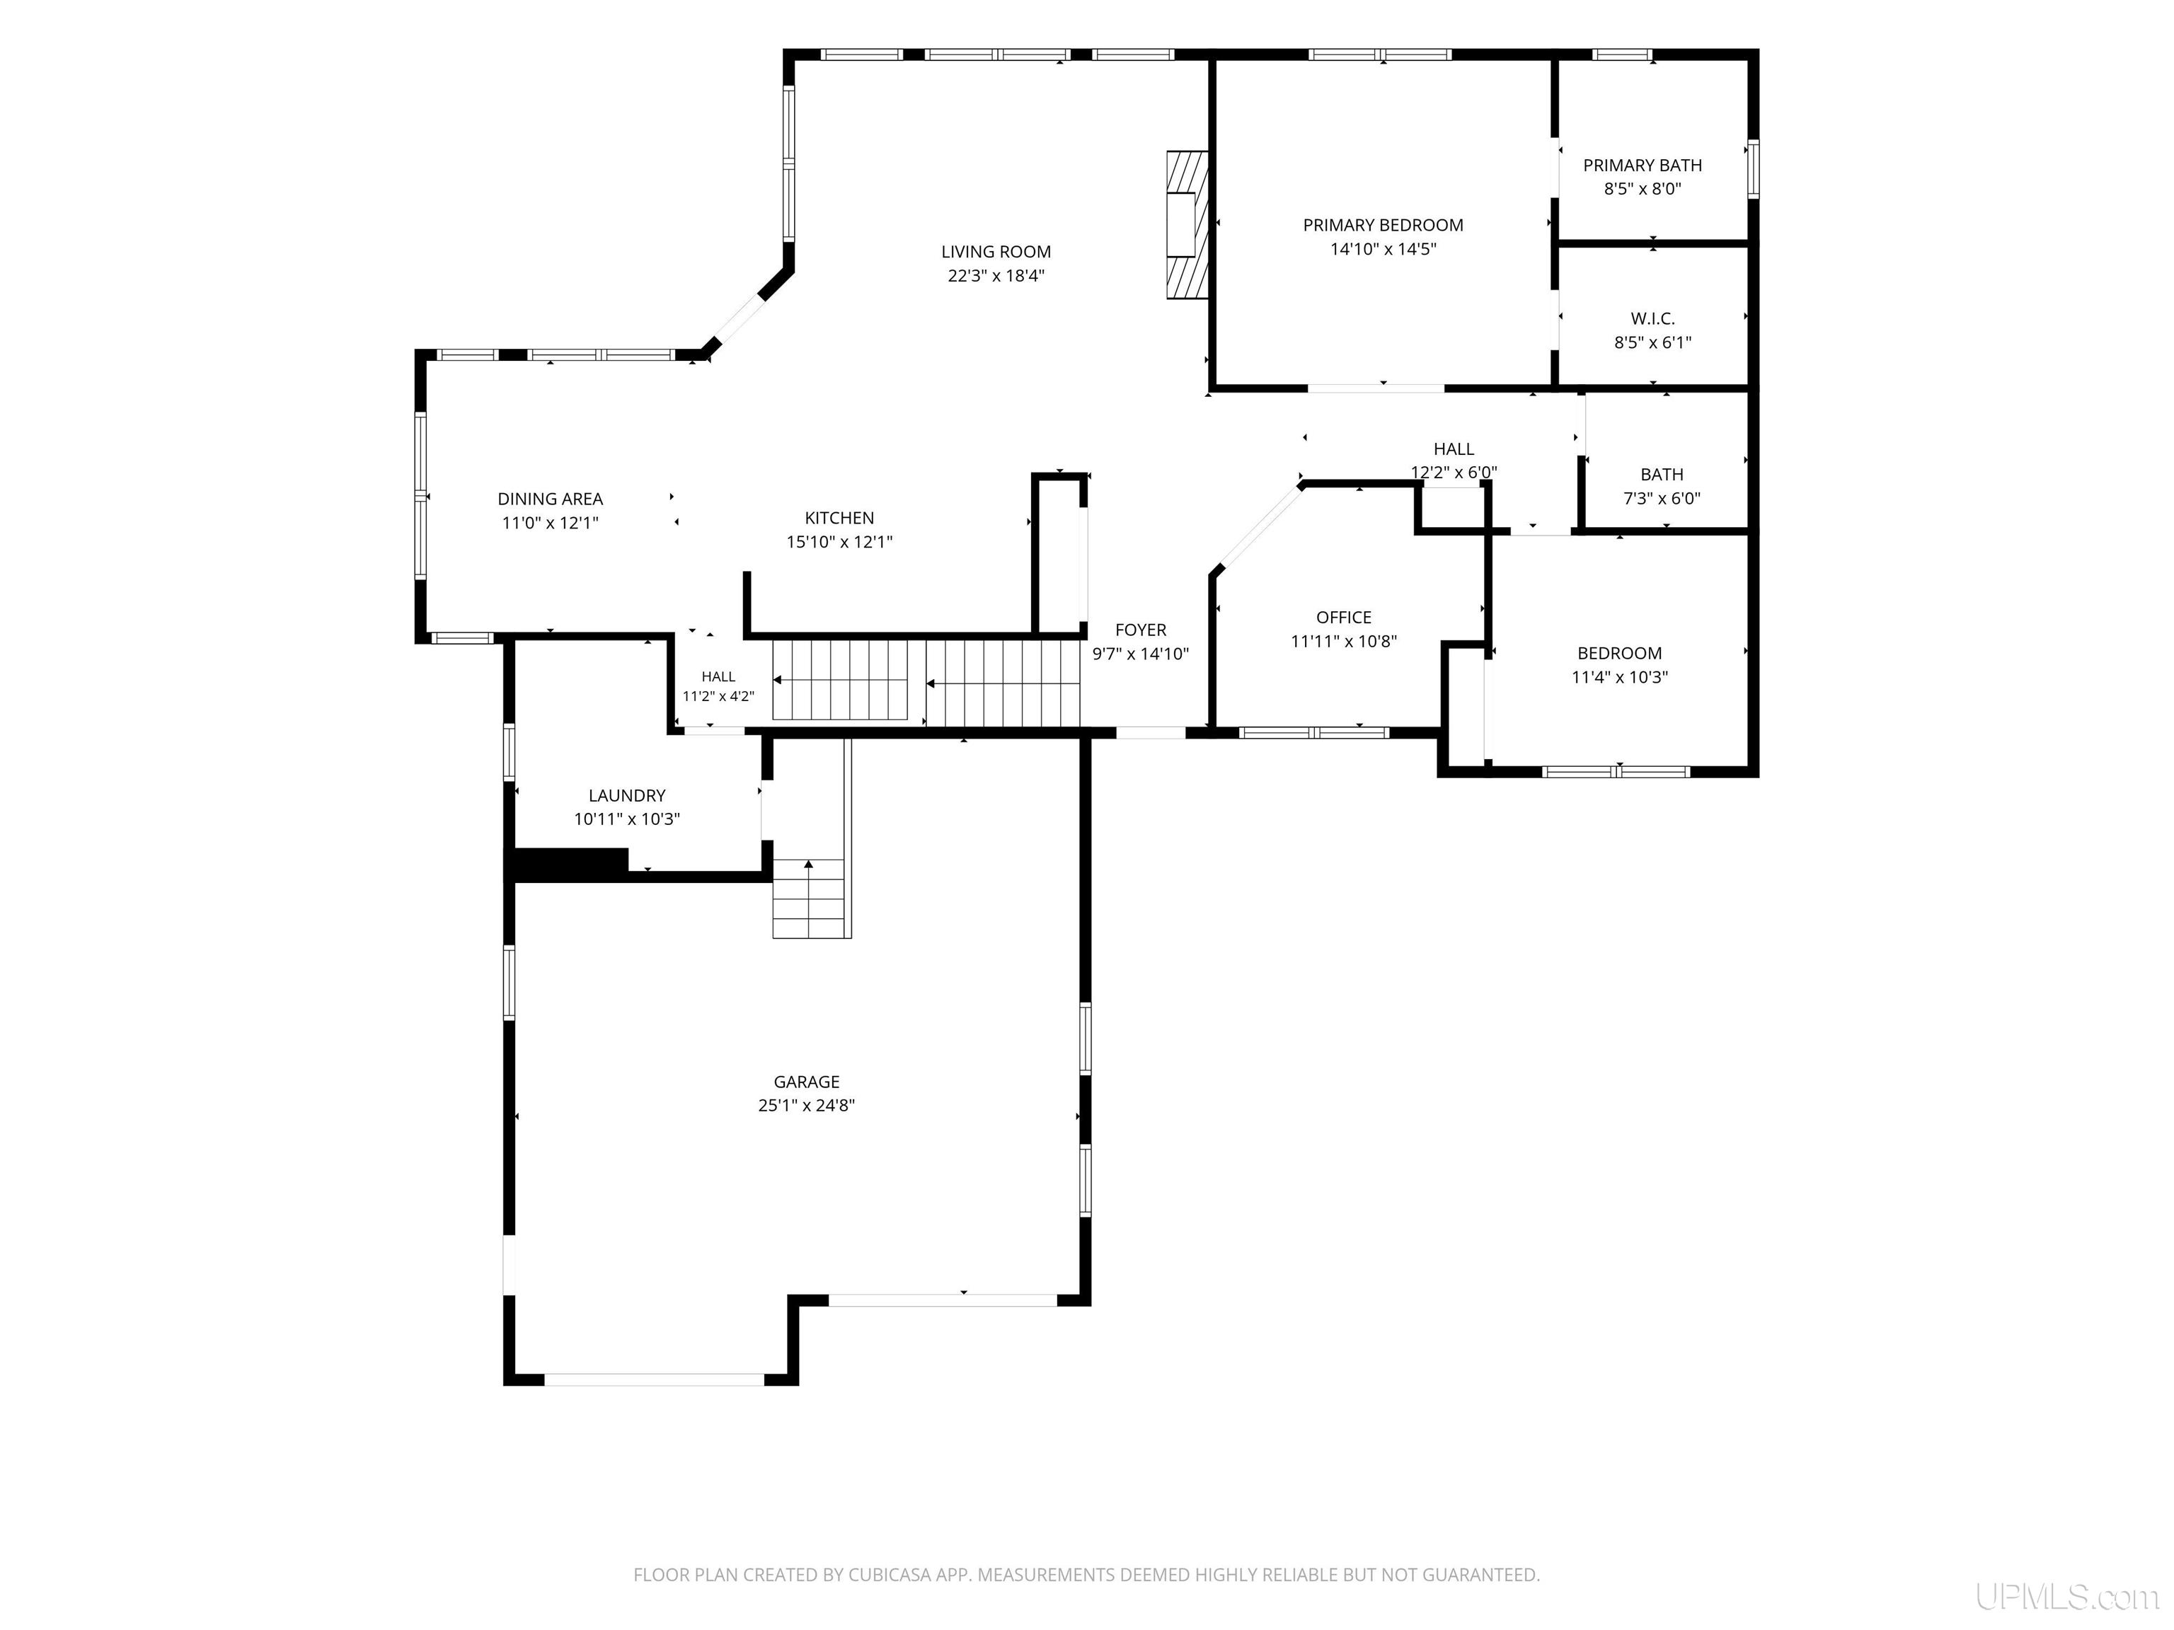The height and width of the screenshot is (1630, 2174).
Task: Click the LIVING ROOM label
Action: [996, 253]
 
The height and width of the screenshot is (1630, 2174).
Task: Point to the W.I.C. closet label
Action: [1652, 319]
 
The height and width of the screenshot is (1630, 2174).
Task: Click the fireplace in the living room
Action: [1186, 224]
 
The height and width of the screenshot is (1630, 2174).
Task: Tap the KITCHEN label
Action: [839, 519]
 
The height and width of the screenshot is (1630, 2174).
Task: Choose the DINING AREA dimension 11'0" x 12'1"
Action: [551, 524]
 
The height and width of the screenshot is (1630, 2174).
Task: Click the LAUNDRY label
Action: [627, 797]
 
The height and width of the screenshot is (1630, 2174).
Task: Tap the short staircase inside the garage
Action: [809, 898]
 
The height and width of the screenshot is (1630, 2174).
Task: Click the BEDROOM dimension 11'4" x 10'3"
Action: [1620, 678]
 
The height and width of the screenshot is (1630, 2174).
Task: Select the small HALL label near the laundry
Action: [718, 677]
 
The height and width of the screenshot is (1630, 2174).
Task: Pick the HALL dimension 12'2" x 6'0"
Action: [1454, 473]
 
